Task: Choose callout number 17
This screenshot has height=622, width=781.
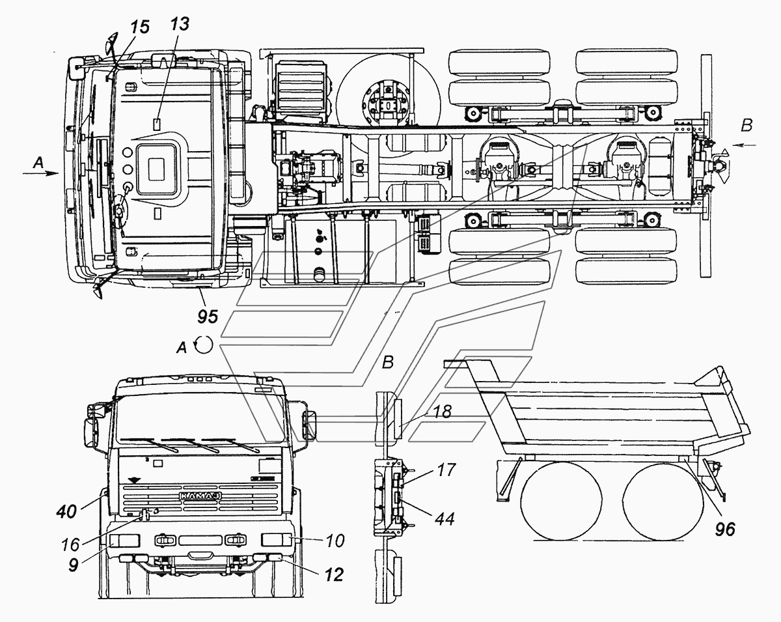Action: click(446, 468)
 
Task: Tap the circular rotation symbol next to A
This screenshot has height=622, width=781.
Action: click(204, 345)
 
